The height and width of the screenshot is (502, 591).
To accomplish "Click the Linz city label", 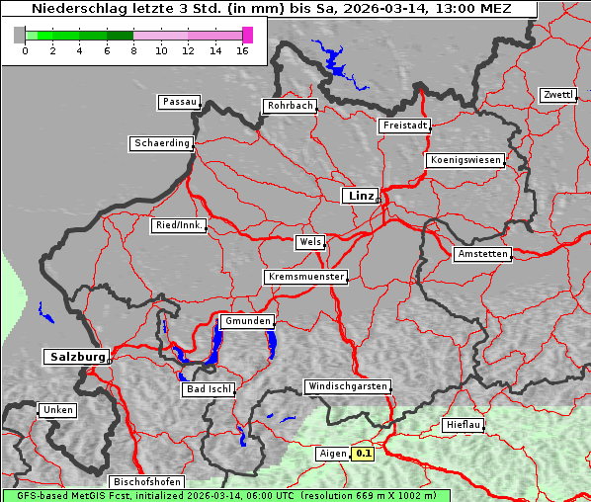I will (x=360, y=196).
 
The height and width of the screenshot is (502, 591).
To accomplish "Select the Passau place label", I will (x=179, y=102).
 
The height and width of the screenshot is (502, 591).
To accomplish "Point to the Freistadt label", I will (x=404, y=125).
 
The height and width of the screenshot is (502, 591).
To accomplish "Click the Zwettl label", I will (x=557, y=95).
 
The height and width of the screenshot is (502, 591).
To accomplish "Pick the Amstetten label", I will (x=482, y=254).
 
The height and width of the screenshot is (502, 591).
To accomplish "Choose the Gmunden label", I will (x=246, y=321).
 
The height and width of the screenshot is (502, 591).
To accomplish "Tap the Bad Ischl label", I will (x=209, y=389).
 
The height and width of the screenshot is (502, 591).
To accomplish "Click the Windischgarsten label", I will (x=347, y=386).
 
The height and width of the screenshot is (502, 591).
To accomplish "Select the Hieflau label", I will (x=464, y=424).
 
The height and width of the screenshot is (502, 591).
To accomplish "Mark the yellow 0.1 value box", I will (x=364, y=454).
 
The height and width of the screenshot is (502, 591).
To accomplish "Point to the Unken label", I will (x=57, y=409).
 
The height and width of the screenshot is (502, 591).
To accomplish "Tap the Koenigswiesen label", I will (x=465, y=160).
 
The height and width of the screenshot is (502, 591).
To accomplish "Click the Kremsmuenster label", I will (x=306, y=277).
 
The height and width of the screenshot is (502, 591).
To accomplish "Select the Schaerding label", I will (x=161, y=143).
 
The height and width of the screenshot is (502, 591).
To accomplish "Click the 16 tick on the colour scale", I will (x=242, y=50).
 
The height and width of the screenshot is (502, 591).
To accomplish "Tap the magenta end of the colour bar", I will (x=247, y=35).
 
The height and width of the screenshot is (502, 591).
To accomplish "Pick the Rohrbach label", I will (x=290, y=106).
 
